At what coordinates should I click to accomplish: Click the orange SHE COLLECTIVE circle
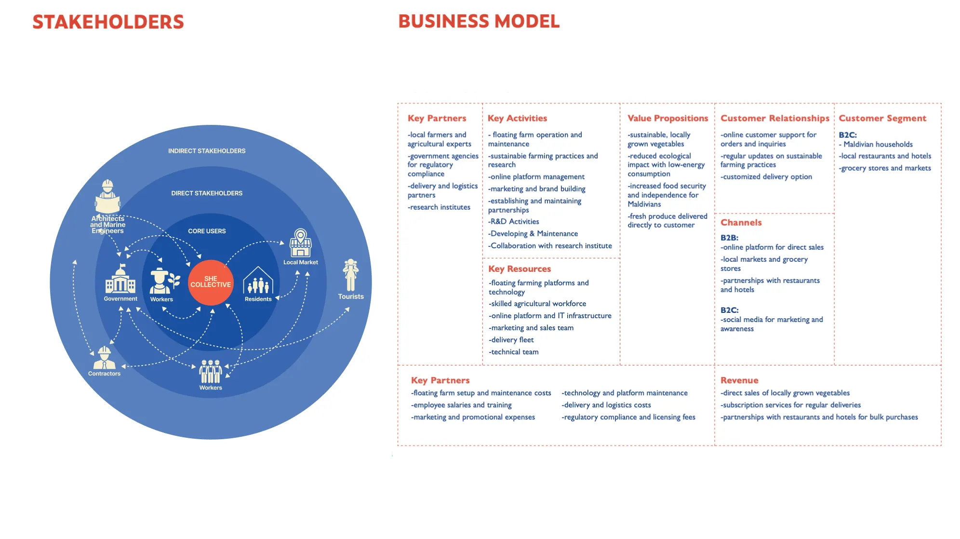point(211,282)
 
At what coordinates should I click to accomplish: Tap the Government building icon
point(120,279)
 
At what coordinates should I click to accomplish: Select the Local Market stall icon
point(301,243)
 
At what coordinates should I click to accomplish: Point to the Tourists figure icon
point(351,275)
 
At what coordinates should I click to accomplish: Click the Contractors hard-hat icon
point(104,358)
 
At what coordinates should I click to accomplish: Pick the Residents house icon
point(258,281)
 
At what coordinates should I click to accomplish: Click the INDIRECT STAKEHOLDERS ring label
point(207,151)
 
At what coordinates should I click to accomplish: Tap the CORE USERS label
point(207,231)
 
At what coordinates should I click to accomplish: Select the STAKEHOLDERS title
point(108,22)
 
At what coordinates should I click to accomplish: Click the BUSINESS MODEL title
point(479,22)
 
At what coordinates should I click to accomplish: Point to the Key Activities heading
point(517,118)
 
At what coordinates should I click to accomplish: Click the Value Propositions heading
point(667,118)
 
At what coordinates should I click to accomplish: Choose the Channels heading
point(741,223)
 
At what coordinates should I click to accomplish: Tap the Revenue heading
point(739,380)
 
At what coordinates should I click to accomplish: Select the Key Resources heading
point(519,269)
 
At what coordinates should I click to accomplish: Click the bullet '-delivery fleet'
point(511,340)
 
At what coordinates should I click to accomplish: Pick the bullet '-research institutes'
point(439,207)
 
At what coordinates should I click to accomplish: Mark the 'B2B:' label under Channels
point(729,238)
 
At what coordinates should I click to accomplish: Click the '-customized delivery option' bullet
point(766,177)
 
